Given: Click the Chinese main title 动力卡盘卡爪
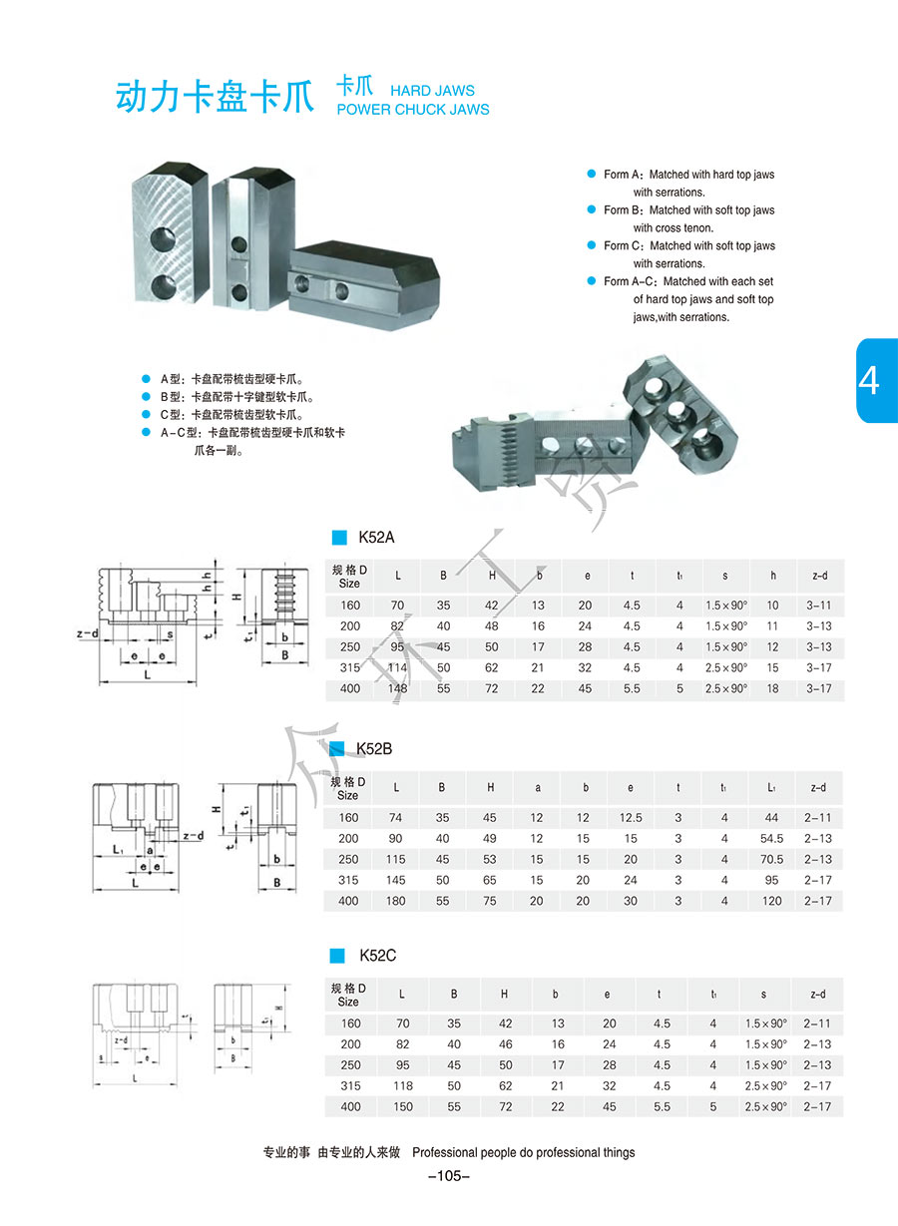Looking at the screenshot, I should point(216,97).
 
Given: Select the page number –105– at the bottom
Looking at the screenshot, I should point(448,1176).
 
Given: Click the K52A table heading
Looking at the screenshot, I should point(376,538).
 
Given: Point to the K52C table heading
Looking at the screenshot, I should point(377,956).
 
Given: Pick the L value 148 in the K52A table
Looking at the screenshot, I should point(397,689).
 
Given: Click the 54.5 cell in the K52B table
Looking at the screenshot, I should point(771,839).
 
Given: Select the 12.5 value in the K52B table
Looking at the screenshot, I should point(631,818).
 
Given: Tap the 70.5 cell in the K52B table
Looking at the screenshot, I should point(771,860).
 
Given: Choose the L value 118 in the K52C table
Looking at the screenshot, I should point(402,1086).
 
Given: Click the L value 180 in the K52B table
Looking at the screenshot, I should point(396,902).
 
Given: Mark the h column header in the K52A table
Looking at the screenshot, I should point(772,576).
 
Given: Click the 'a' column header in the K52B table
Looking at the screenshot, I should point(538,788).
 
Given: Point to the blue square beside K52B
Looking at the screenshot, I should point(337,748).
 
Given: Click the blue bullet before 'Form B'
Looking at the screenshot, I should point(591,210).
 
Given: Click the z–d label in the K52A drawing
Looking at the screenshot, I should point(87,633).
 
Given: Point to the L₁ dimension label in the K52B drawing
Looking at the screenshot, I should point(117,849).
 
